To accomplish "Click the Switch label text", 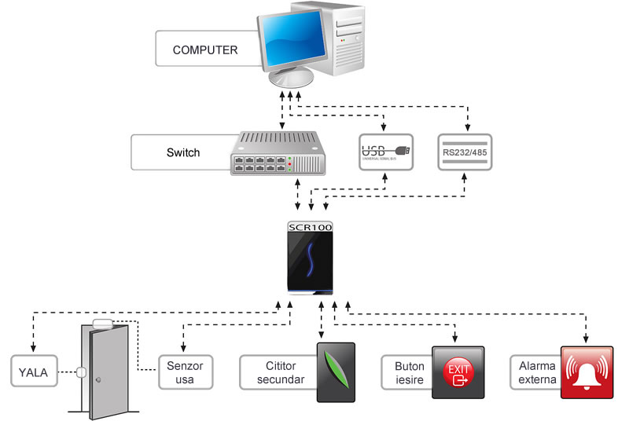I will click(183, 152).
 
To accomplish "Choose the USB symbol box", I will click(386, 152).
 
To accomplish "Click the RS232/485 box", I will click(464, 152).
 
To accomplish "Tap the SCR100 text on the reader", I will click(311, 226).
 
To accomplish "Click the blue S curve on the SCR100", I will click(310, 259).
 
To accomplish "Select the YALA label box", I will click(34, 372).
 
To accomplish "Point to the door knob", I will click(97, 380).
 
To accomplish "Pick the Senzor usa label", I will click(186, 372).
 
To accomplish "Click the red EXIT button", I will click(458, 372).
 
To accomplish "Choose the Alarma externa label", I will click(536, 372).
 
